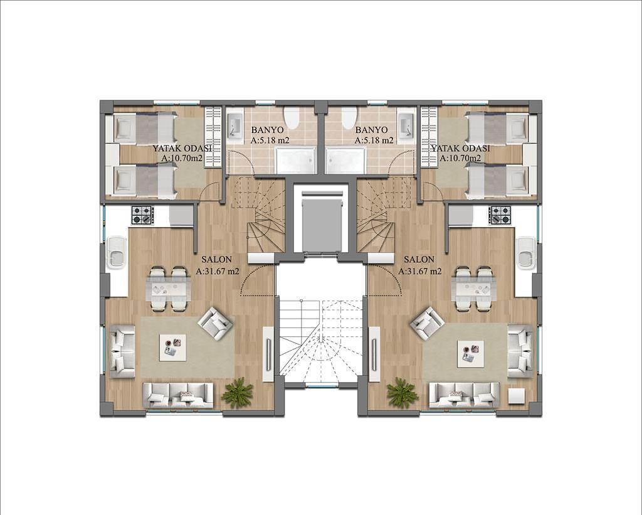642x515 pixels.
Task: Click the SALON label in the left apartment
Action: pyautogui.click(x=217, y=259)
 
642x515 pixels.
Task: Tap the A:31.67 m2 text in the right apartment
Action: pyautogui.click(x=420, y=272)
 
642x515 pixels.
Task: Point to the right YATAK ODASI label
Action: pyautogui.click(x=460, y=149)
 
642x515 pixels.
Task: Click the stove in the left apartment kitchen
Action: pyautogui.click(x=142, y=215)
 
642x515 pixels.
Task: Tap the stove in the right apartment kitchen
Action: pyautogui.click(x=500, y=215)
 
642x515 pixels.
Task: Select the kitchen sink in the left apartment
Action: pyautogui.click(x=117, y=252)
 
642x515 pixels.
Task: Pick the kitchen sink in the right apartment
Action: pyautogui.click(x=525, y=252)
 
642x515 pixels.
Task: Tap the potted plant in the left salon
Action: pyautogui.click(x=238, y=393)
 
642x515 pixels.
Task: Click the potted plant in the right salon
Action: pyautogui.click(x=402, y=393)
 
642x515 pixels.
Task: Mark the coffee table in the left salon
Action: pyautogui.click(x=172, y=347)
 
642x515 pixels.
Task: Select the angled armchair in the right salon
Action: pyautogui.click(x=427, y=322)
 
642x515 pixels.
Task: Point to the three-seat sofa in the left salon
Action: pyautogui.click(x=178, y=394)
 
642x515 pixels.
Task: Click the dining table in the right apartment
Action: pyautogui.click(x=473, y=289)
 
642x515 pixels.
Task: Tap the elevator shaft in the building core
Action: pyautogui.click(x=320, y=223)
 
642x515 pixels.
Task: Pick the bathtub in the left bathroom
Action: pyautogui.click(x=295, y=160)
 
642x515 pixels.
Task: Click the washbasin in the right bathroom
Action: pyautogui.click(x=405, y=124)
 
